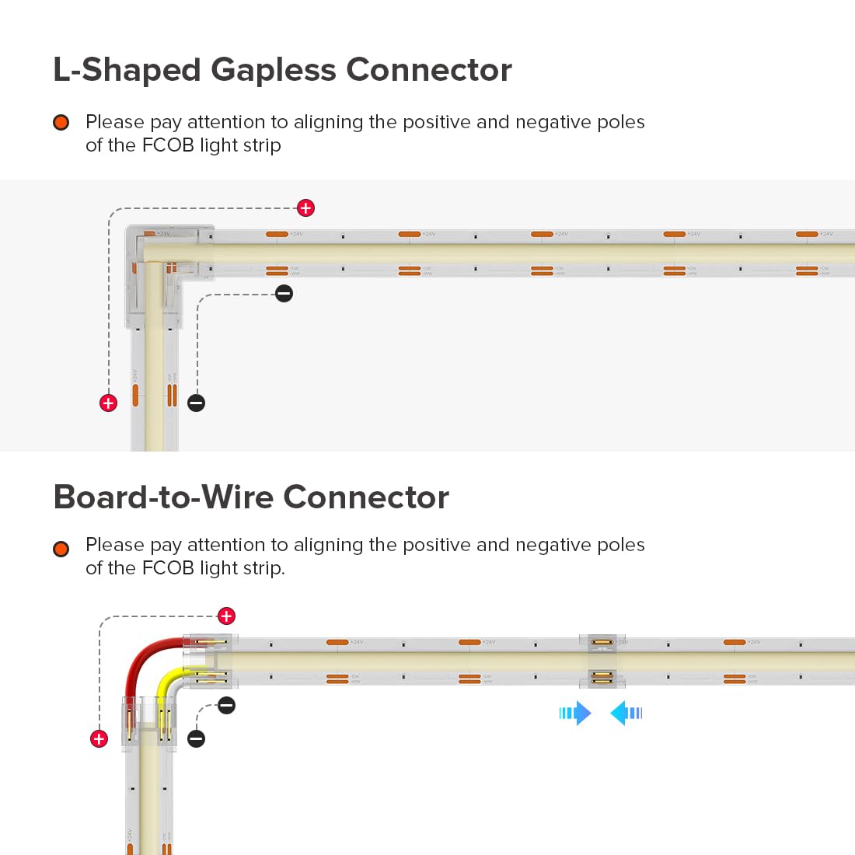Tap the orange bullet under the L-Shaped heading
click(x=61, y=123)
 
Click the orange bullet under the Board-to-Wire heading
click(x=61, y=549)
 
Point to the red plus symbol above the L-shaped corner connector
click(x=306, y=208)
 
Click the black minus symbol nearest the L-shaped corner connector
click(x=284, y=293)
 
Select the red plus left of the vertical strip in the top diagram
click(x=108, y=403)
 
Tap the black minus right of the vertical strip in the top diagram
click(x=197, y=403)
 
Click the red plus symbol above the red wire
click(x=226, y=616)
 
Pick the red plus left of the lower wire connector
click(x=99, y=738)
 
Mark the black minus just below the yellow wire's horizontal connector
click(x=226, y=705)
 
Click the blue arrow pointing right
click(x=576, y=713)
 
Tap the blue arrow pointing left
click(x=626, y=713)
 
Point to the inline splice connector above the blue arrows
click(x=602, y=660)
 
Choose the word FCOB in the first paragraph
click(x=167, y=145)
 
